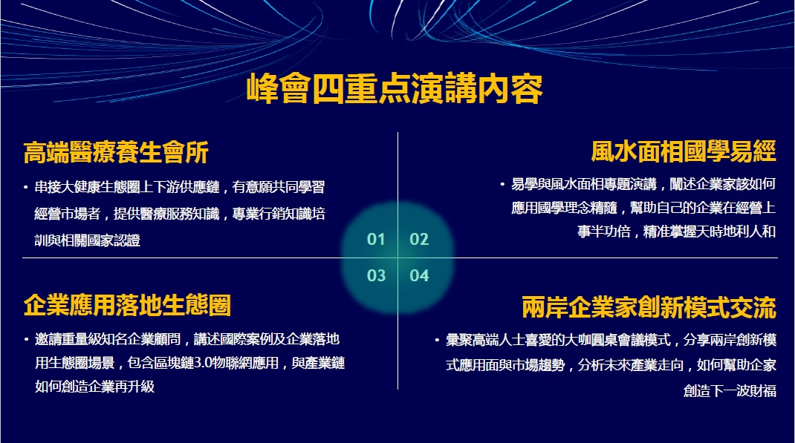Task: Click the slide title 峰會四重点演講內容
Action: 395,89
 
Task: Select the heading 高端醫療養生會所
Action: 116,152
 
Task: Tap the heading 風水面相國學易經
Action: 684,151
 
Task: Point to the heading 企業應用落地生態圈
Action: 127,305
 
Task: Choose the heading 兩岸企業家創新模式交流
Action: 649,307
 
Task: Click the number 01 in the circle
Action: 376,239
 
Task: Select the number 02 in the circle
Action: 419,239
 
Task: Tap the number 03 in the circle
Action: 376,275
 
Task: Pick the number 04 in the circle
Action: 419,275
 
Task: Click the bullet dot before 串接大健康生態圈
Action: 26,188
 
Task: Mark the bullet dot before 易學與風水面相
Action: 502,184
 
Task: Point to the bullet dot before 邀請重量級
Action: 26,340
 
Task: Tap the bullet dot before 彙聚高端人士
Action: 437,340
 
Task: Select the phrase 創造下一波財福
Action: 730,391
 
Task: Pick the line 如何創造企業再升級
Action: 95,387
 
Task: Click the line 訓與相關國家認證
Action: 87,240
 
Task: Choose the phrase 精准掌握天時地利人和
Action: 710,232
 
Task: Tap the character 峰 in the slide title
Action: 262,89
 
